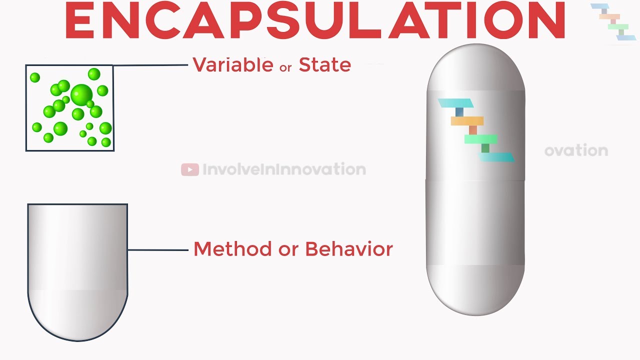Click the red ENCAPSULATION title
coord(315,20)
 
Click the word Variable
coord(233,64)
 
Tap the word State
coord(325,65)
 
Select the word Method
coord(232,249)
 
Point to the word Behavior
coord(349,249)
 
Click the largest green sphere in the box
coord(81,95)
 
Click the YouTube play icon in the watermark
coord(190,169)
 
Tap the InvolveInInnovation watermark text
coord(284,169)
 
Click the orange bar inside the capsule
coord(467,121)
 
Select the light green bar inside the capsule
coord(481,139)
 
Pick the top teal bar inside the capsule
coord(455,103)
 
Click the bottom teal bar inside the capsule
coord(496,157)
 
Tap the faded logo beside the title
coord(613,21)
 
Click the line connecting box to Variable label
coord(150,65)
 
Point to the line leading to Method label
coord(158,250)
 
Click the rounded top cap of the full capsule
coord(475,67)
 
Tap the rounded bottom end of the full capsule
coord(475,290)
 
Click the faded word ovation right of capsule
coord(576,150)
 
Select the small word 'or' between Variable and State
coord(285,67)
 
